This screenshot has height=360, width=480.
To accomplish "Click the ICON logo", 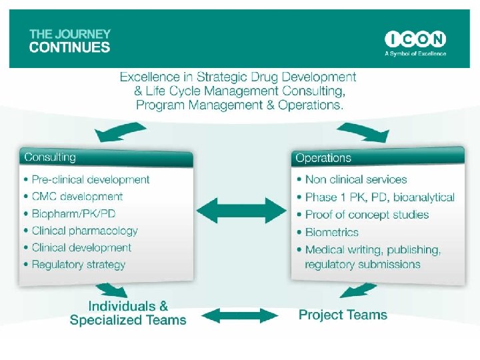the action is coord(415,39).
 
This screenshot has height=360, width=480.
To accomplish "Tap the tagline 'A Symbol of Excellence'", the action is coord(415,53).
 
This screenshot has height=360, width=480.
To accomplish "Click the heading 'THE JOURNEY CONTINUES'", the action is coord(70,41).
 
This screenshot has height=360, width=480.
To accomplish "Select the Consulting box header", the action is coord(107,158).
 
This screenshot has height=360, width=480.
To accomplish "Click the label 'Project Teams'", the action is coord(343,315).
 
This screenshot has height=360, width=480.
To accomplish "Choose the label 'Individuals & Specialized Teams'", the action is coord(128,313).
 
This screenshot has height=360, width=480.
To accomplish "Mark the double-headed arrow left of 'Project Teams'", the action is coord(241,315).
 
